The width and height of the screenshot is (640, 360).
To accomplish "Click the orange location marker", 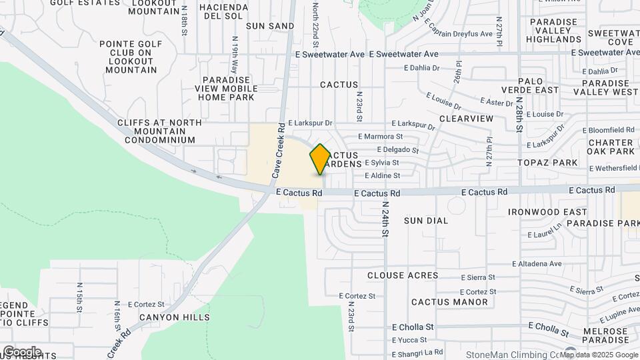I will (x=320, y=159).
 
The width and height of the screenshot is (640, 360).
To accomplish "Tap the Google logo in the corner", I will (x=22, y=351).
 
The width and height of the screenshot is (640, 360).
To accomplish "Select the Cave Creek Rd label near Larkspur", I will (x=279, y=150).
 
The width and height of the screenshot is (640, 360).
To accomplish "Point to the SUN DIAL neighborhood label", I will (x=426, y=220).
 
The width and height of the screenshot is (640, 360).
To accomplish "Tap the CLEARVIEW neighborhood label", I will (x=467, y=118).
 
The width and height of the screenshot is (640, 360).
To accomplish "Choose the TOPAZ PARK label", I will (x=550, y=163).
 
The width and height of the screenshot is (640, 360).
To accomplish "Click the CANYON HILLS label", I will (x=169, y=317).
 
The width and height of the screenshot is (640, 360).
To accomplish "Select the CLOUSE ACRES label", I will (x=403, y=275).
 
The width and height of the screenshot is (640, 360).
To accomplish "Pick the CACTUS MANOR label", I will (x=449, y=302).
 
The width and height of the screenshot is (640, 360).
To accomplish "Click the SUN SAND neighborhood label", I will (x=270, y=26).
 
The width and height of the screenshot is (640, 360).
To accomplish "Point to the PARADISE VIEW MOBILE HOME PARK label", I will (x=226, y=88).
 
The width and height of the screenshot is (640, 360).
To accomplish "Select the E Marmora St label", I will (x=380, y=136).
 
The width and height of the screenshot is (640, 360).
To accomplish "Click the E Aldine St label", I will (x=382, y=176).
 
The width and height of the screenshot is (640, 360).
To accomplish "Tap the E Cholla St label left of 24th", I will (x=413, y=327).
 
